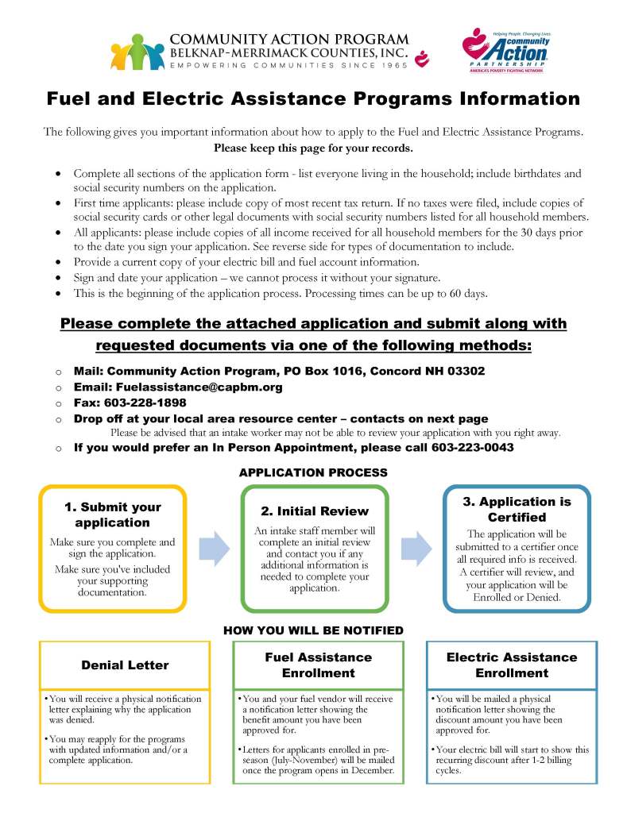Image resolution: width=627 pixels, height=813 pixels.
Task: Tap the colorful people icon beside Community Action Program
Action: pyautogui.click(x=137, y=52)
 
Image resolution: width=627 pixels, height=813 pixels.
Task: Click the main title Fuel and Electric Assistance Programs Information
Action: pyautogui.click(x=313, y=99)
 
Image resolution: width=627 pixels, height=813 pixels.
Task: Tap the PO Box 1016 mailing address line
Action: pyautogui.click(x=279, y=371)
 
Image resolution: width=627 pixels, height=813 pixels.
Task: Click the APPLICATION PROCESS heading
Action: pyautogui.click(x=313, y=472)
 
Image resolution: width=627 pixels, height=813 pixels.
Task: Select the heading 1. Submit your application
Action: pyautogui.click(x=112, y=514)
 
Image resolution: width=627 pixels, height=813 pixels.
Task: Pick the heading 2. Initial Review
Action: pyautogui.click(x=315, y=511)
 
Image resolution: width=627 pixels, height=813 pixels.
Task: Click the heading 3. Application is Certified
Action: pyautogui.click(x=517, y=509)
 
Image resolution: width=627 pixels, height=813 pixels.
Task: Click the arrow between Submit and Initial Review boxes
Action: pyautogui.click(x=213, y=548)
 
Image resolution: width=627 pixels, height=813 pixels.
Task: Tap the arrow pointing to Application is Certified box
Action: pyautogui.click(x=416, y=548)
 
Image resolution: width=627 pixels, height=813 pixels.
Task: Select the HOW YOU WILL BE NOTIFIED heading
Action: pyautogui.click(x=313, y=630)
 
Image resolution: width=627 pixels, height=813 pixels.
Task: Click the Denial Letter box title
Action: pyautogui.click(x=125, y=665)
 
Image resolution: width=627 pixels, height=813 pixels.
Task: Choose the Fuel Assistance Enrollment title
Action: pyautogui.click(x=318, y=665)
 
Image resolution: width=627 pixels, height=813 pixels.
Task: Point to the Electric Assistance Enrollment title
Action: pyautogui.click(x=512, y=665)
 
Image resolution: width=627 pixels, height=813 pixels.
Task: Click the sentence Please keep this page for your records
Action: pyautogui.click(x=313, y=148)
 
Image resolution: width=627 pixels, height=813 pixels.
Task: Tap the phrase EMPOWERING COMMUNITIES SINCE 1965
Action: pyautogui.click(x=287, y=65)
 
